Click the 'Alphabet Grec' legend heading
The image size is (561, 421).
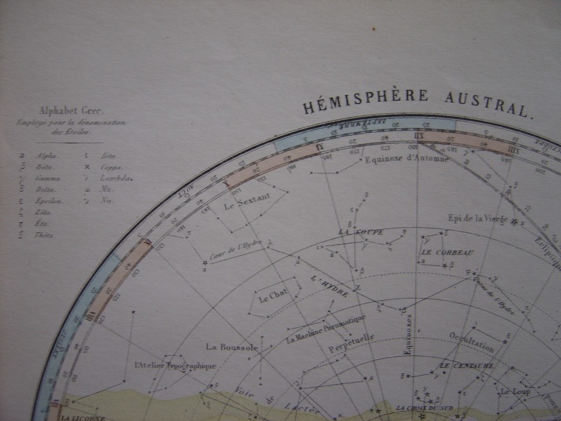pos(64,111)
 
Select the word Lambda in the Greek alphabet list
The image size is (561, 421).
pos(116,178)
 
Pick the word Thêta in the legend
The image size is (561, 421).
pos(45,235)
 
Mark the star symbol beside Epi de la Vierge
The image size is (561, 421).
pos(514,221)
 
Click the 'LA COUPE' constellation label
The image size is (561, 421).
pos(361,232)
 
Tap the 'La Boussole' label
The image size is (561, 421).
pos(231,347)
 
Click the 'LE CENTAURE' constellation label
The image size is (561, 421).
pos(466,366)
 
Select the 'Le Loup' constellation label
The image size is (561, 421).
pos(515,392)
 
